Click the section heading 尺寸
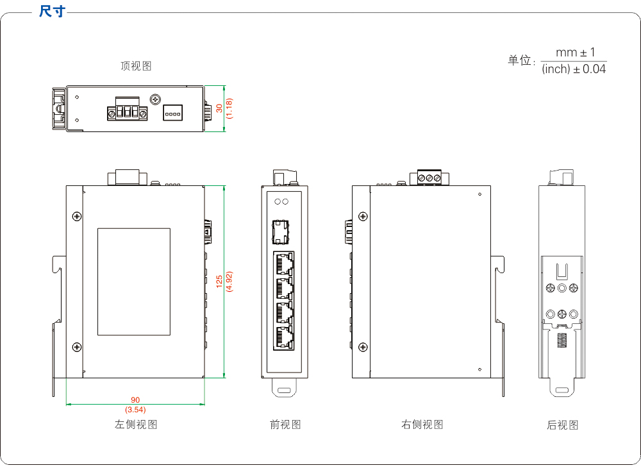click(x=52, y=11)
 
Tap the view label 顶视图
click(x=136, y=66)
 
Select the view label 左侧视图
click(x=136, y=424)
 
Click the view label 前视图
click(x=285, y=424)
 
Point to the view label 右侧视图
click(x=422, y=424)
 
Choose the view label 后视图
click(x=562, y=425)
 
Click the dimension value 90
click(x=135, y=400)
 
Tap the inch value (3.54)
click(x=135, y=409)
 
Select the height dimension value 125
click(x=219, y=282)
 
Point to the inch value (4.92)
click(x=229, y=282)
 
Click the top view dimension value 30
click(x=219, y=108)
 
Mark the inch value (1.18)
click(x=229, y=108)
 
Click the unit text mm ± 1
click(x=575, y=53)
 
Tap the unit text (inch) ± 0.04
click(x=574, y=69)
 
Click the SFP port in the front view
click(x=280, y=232)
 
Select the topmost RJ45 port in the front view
click(x=283, y=264)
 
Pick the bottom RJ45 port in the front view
click(x=283, y=337)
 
